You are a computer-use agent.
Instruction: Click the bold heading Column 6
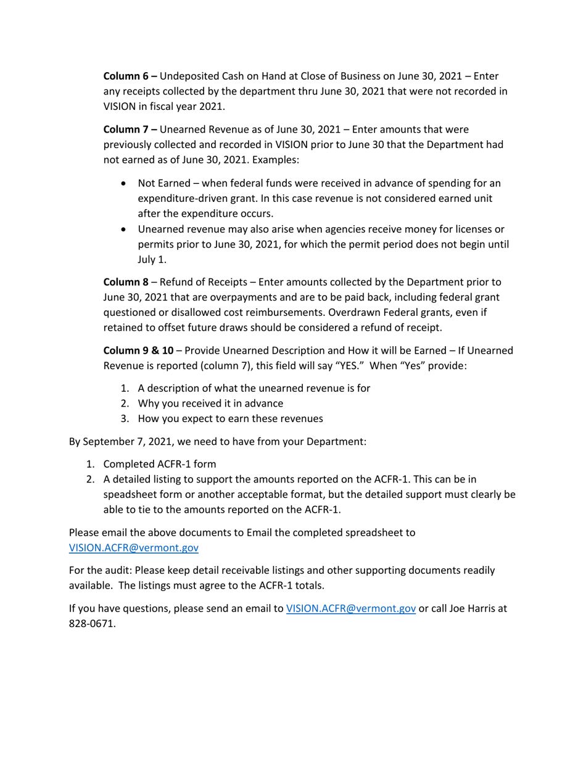coord(126,77)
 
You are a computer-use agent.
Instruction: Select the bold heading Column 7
coord(126,130)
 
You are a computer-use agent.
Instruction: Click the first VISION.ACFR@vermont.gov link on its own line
coord(133,547)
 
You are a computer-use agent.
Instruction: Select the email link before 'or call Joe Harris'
coord(350,608)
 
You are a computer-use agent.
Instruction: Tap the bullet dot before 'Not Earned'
coord(126,184)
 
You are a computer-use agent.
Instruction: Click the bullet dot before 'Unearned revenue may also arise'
coord(126,230)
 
